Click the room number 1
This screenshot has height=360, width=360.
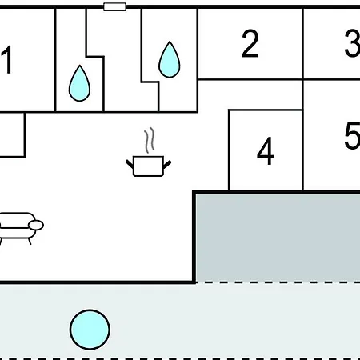coord(7,60)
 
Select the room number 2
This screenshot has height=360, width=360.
coord(250,43)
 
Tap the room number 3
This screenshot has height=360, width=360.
coord(353,43)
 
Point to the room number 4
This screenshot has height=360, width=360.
coord(266,151)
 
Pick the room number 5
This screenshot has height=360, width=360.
coord(353,135)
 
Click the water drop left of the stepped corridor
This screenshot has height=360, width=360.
coord(79,83)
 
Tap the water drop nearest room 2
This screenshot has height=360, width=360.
coord(170,59)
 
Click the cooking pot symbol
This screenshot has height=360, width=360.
coord(148,166)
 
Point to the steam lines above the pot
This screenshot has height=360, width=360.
coord(150,140)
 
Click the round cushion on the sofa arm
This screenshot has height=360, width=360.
coord(36,226)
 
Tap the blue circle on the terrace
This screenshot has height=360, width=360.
coord(90,330)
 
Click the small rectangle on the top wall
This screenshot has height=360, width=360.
coord(114,6)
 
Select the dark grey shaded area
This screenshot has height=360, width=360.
coord(278,236)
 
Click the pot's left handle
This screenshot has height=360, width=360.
coord(130,164)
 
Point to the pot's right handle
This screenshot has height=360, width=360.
coord(167,164)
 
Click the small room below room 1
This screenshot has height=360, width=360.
coord(12,134)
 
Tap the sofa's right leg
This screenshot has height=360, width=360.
coord(30,242)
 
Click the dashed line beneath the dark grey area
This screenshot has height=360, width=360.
coord(278,282)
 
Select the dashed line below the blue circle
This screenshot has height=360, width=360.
coord(180,359)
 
